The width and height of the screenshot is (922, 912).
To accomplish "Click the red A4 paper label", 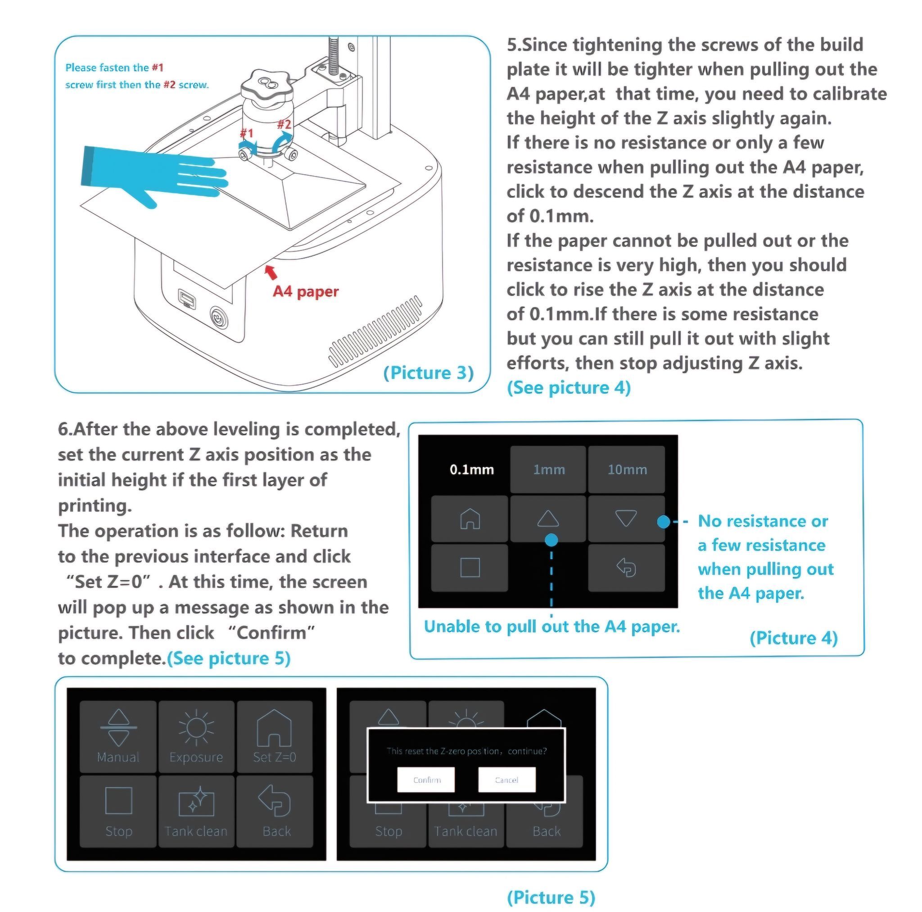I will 305,291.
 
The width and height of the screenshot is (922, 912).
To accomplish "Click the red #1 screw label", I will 246,133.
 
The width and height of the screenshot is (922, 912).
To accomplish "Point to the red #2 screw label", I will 285,124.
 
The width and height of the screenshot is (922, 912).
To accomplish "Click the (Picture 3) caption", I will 428,373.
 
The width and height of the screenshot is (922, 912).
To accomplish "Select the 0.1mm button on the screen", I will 471,469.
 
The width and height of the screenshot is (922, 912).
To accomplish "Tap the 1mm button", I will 548,469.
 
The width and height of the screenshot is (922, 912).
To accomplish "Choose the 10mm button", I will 627,469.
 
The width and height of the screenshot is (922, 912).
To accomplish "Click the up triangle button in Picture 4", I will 548,518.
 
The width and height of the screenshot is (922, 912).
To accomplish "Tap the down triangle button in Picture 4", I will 626,518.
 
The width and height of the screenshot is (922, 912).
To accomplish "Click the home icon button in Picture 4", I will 470,518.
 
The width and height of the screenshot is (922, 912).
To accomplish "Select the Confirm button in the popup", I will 426,780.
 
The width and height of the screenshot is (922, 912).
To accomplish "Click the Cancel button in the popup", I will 506,780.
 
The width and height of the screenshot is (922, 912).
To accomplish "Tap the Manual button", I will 118,736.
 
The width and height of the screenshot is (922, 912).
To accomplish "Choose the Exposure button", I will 196,736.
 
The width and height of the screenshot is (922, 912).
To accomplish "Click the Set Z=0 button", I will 275,736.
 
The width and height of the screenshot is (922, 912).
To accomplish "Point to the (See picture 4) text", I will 569,388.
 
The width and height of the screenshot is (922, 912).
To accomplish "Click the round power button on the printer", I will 219,317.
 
